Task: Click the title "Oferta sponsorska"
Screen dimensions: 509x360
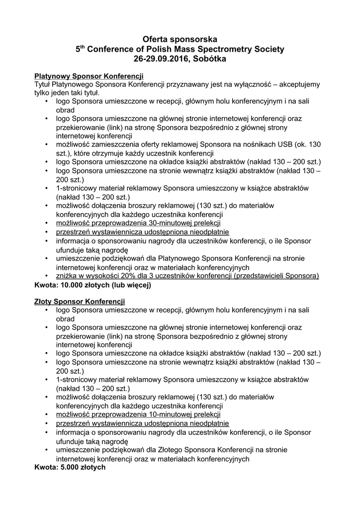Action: (180, 39)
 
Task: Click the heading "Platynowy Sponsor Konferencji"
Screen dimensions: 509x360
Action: (89, 76)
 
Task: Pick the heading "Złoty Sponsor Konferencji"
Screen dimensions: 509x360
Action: (80, 302)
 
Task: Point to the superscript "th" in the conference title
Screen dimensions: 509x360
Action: (83, 47)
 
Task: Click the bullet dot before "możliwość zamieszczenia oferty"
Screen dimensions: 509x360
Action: (46, 144)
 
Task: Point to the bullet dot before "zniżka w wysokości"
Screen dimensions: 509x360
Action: (46, 276)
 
